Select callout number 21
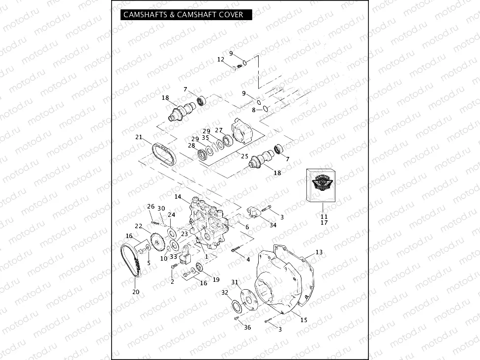coord(139,137)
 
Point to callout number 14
coord(178,197)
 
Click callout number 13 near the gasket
coord(319,252)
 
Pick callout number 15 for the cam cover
coord(303,320)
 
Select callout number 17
coord(324,223)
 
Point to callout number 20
coord(136,292)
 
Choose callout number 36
coord(247,328)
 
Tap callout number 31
coord(235,282)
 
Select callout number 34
coord(272,225)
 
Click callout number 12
coord(221,60)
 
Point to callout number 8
coord(254,110)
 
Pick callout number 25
coord(244,156)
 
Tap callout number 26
coord(150,206)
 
